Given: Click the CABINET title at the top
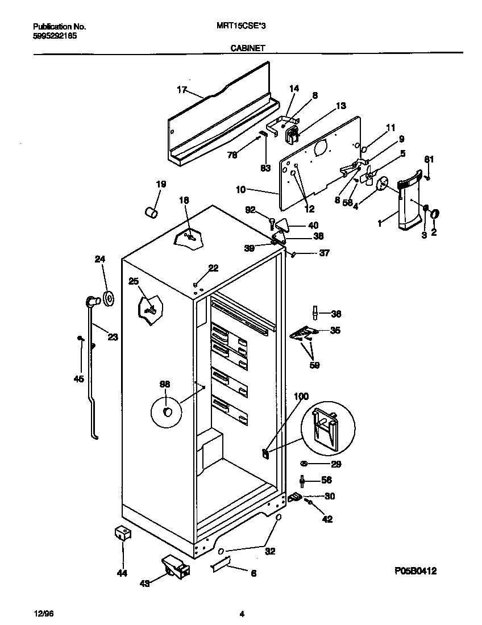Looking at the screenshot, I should click(x=247, y=49).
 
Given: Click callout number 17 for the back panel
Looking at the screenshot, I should click(x=182, y=89).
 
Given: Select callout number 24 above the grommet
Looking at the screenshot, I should click(x=100, y=259).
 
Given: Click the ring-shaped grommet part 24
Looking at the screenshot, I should click(x=107, y=298).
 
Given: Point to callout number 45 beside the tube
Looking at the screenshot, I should click(x=78, y=379).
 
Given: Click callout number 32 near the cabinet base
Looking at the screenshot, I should click(x=270, y=551).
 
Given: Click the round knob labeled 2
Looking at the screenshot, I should click(x=435, y=214).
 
